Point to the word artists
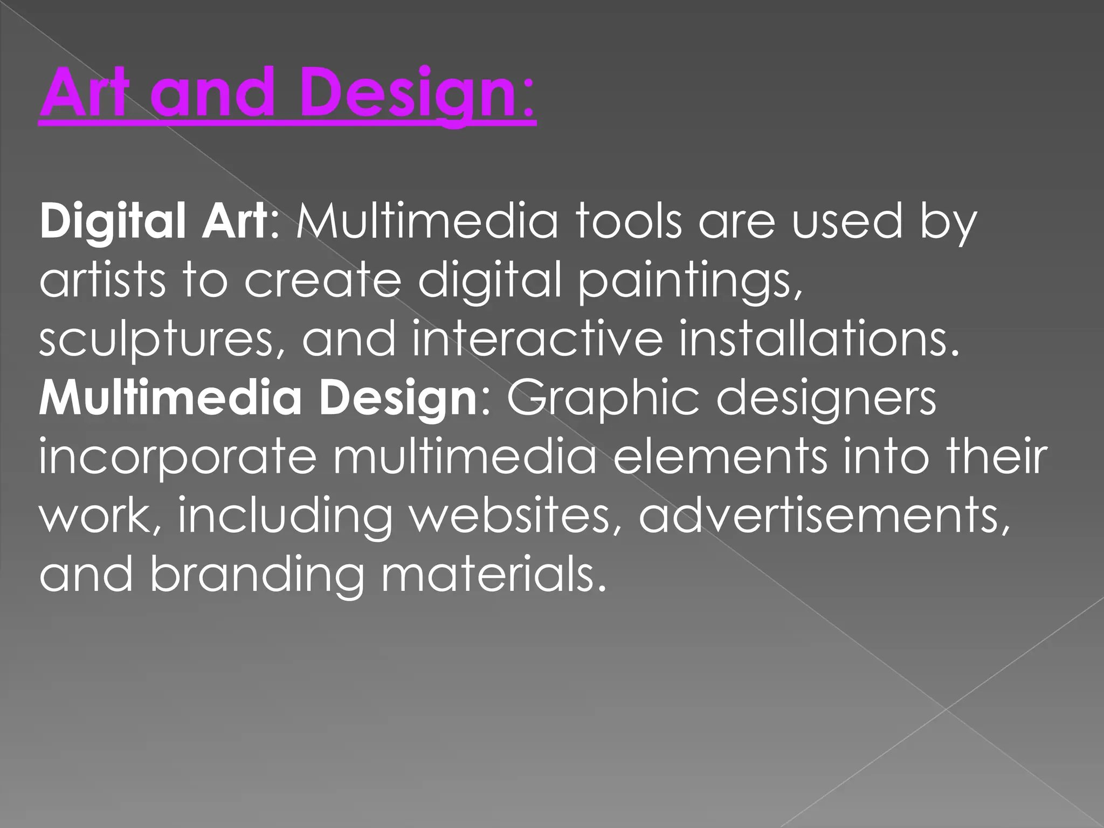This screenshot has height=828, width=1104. coord(102,280)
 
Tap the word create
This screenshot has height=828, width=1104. coord(322,280)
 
